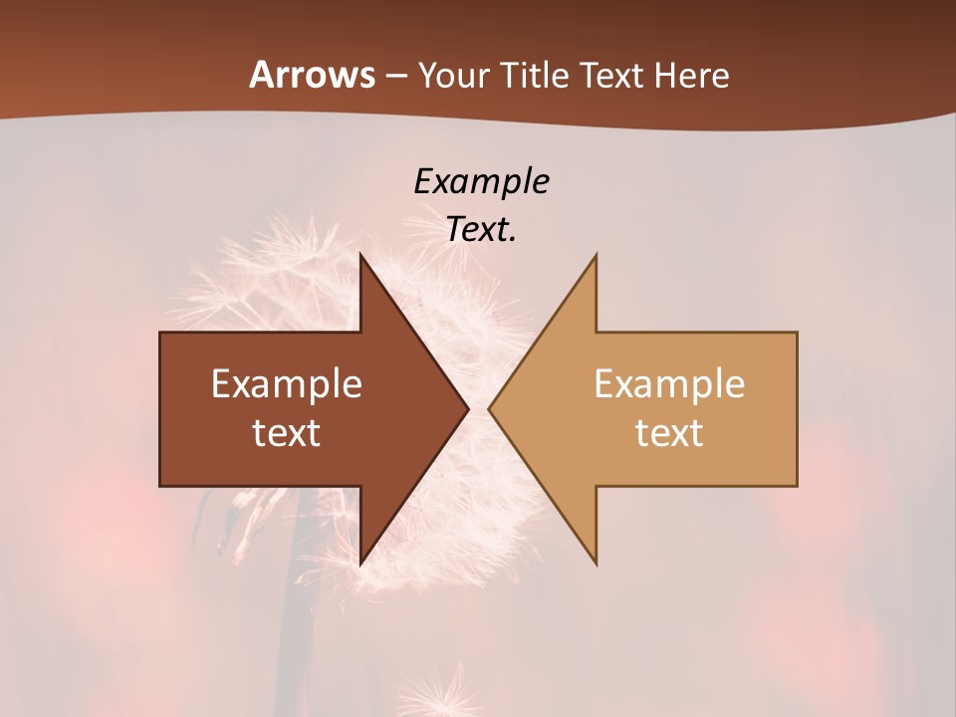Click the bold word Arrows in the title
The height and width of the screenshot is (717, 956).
click(311, 75)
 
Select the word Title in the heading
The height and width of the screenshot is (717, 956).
click(538, 76)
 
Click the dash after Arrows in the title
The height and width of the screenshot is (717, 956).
click(395, 77)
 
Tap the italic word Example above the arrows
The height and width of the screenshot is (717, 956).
click(482, 182)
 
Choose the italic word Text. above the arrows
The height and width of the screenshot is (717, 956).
click(482, 230)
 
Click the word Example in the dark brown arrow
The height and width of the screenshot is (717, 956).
click(287, 384)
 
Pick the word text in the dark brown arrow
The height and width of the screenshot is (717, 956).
click(287, 433)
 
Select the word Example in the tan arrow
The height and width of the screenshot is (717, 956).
click(669, 384)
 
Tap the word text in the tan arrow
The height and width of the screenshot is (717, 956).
click(669, 433)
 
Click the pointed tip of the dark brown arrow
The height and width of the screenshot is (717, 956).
click(467, 408)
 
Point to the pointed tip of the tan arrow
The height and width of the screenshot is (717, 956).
click(490, 408)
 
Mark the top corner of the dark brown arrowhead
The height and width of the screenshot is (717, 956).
click(360, 255)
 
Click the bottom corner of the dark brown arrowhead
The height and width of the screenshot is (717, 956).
click(360, 563)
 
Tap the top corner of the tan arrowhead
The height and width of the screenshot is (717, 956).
click(596, 255)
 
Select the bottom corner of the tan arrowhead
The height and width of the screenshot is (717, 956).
click(596, 563)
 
